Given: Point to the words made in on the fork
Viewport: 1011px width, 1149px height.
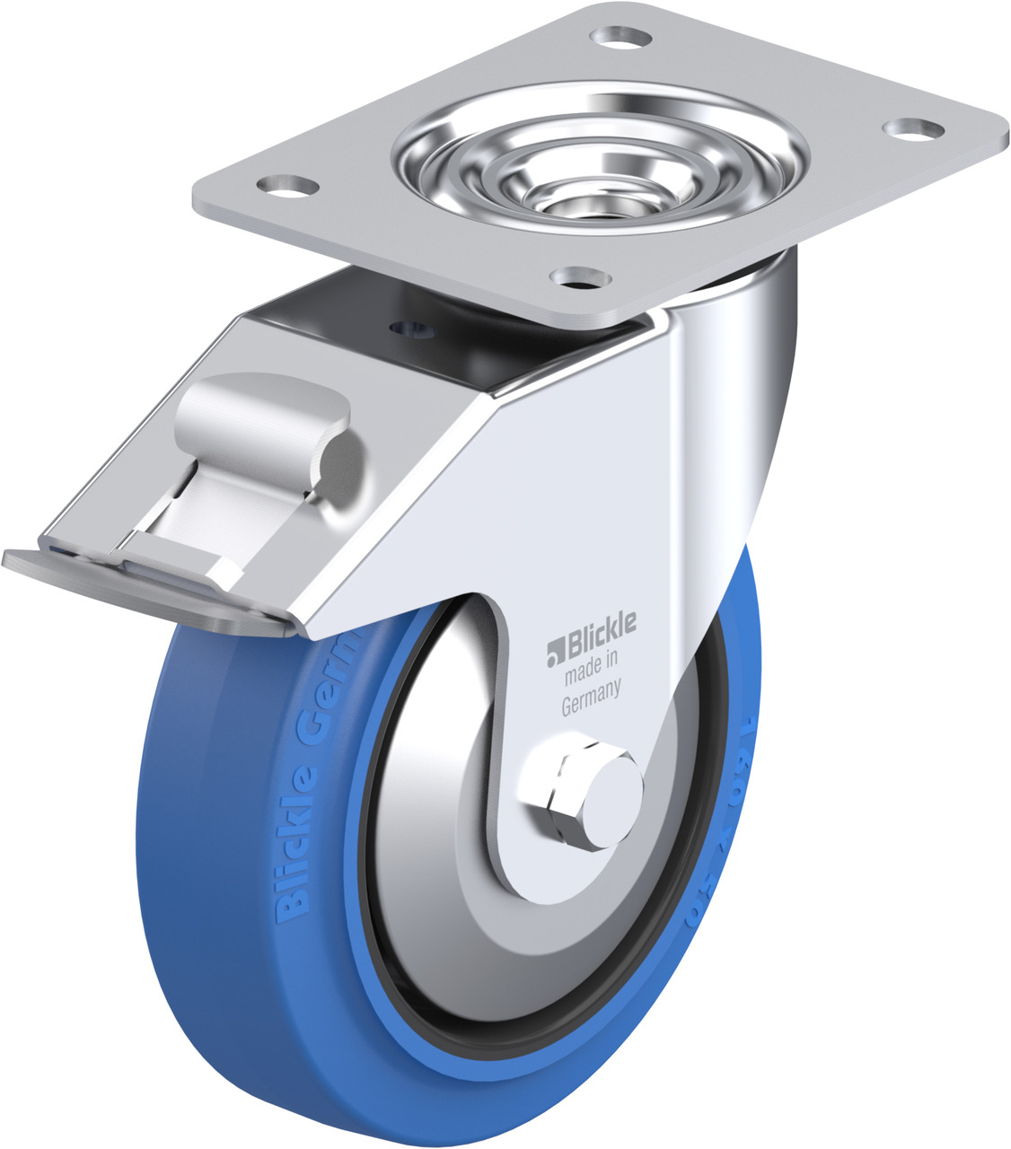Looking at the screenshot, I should (591, 665).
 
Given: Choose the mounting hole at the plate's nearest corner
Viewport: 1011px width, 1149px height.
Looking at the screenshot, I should (576, 277).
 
